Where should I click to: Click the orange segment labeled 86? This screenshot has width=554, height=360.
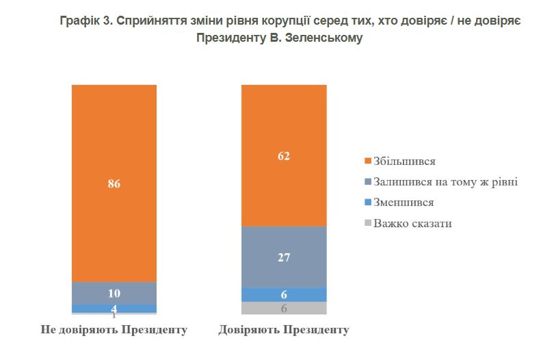pos(114,183)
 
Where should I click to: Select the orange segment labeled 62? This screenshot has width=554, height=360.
pos(284,155)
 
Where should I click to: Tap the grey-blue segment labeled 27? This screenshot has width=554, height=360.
pos(284,257)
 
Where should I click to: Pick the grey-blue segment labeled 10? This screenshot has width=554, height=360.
pos(114,293)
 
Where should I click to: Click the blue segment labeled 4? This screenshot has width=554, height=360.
pos(114,308)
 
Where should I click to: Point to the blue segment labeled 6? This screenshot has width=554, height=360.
pos(284,294)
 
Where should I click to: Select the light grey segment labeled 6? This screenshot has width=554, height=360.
pos(284,308)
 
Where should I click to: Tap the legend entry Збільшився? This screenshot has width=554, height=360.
pos(404,162)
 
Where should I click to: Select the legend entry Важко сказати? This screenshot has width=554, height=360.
pos(412,223)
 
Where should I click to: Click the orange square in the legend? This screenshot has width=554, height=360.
pos(368,162)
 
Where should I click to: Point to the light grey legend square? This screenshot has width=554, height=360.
pos(368,223)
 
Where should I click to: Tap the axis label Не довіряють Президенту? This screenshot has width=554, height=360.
pos(114,330)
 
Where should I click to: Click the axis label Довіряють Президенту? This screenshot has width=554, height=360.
pos(284,330)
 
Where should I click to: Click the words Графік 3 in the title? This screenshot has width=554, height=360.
pos(85,21)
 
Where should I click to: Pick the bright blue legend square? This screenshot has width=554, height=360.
pos(368,203)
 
